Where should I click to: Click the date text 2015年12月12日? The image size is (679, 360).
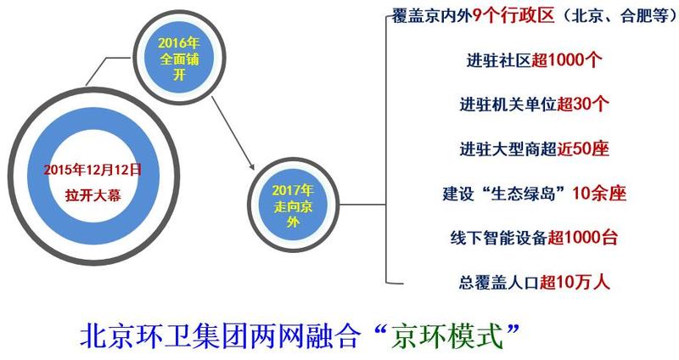coord(93,169)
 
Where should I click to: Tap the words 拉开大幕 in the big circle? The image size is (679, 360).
coord(93,195)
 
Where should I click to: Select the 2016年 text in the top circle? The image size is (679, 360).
coord(178,43)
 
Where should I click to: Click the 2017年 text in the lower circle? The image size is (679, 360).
coord(293,190)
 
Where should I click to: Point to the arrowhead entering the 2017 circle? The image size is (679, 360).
coord(250,166)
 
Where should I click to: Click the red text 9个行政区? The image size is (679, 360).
coord(513,15)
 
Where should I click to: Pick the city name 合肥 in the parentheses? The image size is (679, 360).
coord(636,16)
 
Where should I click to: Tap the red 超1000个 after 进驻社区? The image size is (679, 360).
coord(567,59)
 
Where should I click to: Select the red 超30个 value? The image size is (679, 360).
coord(583,104)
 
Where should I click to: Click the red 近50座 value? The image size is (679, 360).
coord(583,149)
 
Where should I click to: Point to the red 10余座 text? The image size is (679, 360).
coord(599,194)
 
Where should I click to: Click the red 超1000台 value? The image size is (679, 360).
coord(582,238)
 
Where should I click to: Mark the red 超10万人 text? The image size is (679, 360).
coord(575,283)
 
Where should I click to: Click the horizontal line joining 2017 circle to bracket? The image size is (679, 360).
coord(362,205)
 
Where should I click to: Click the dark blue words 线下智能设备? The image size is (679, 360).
coord(498,238)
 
